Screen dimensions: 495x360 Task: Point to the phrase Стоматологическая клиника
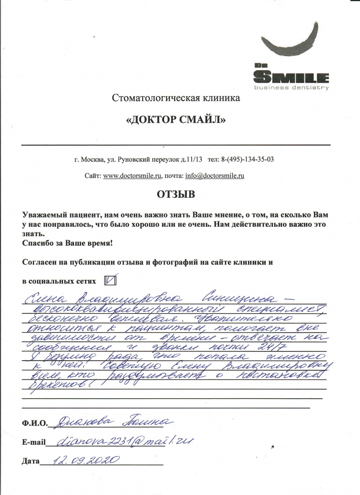(176, 99)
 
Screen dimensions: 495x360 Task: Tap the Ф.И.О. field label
(35, 424)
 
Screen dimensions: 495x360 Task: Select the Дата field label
(30, 461)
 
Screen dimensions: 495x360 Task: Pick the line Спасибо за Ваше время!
(67, 242)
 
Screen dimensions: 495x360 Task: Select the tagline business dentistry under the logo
(292, 87)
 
